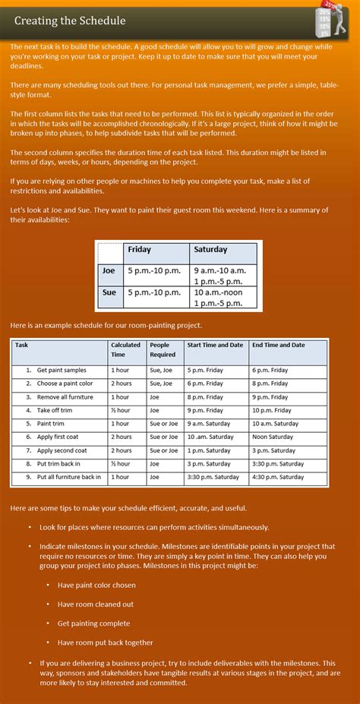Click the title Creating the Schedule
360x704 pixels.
(70, 21)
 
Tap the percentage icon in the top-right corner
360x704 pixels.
(333, 18)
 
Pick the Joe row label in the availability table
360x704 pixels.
(109, 270)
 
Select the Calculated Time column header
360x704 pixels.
(126, 349)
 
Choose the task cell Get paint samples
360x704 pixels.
(62, 370)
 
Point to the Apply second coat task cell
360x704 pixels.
(62, 450)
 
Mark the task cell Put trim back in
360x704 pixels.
(60, 463)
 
